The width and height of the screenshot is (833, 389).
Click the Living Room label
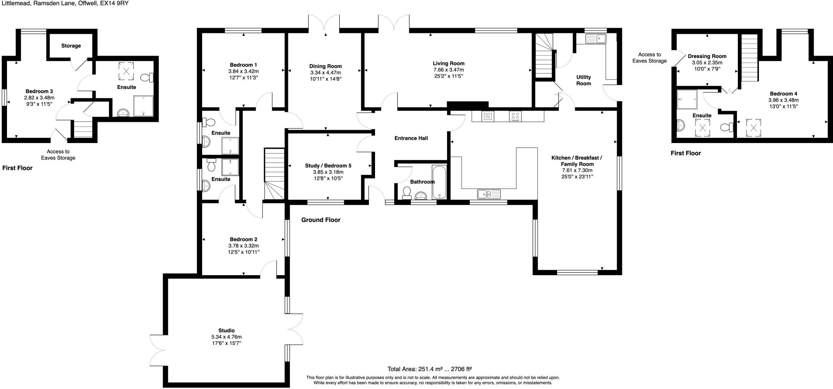click(448, 63)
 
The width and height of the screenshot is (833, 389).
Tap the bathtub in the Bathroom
click(439, 182)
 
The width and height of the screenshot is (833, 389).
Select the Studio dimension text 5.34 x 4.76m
click(226, 337)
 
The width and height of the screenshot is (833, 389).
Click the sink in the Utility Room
click(596, 39)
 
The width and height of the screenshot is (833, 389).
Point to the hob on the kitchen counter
click(515, 117)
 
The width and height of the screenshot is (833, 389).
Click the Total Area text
click(429, 369)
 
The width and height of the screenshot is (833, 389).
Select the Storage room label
click(71, 46)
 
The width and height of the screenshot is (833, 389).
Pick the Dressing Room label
click(707, 57)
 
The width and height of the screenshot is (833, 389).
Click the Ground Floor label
click(321, 220)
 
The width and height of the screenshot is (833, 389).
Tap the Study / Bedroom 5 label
click(328, 166)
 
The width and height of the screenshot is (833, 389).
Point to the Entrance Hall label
click(411, 138)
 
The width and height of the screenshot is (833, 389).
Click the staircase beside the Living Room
click(544, 57)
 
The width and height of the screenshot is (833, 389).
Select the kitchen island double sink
click(489, 194)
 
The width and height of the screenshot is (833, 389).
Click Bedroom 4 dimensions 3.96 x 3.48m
click(783, 100)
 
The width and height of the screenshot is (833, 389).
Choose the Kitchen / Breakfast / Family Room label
click(576, 161)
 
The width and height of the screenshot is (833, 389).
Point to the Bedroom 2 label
click(243, 239)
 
